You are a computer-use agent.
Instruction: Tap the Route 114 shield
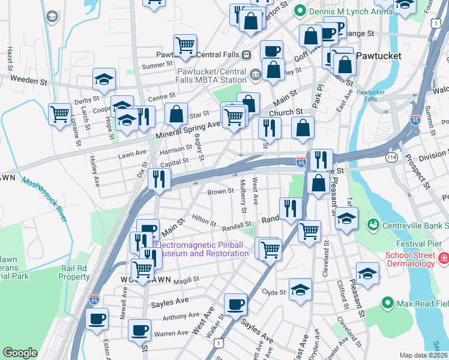[x=391, y=157]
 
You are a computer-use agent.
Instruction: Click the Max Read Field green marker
[x=387, y=304]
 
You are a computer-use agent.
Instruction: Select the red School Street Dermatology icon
[x=443, y=259]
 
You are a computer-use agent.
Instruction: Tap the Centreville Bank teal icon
[x=373, y=225]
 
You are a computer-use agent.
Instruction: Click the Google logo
[x=20, y=352]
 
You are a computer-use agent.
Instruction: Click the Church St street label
[x=285, y=112]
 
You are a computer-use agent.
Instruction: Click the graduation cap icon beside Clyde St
[x=300, y=290]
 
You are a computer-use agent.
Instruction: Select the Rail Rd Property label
[x=74, y=272]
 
